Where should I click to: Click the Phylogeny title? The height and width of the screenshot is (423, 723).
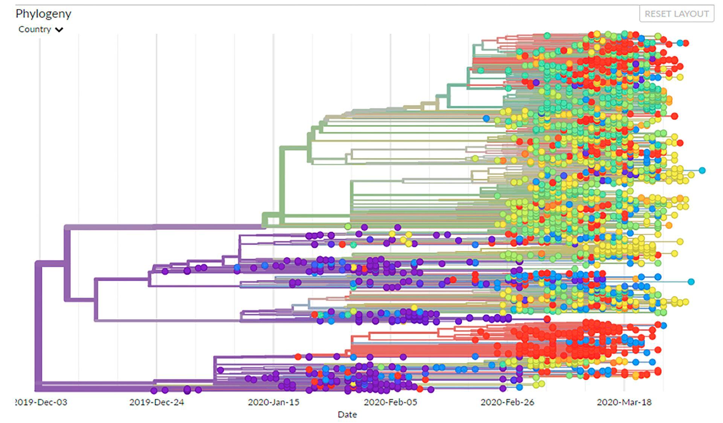[43, 14]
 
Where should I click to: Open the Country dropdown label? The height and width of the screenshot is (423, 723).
[35, 29]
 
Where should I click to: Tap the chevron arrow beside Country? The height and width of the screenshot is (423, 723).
[59, 30]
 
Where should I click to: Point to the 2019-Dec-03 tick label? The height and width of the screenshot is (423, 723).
[42, 402]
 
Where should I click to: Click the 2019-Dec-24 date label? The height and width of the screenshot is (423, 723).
[157, 402]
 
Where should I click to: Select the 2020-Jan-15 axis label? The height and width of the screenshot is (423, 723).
[273, 402]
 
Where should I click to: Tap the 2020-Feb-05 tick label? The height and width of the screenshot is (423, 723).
[390, 402]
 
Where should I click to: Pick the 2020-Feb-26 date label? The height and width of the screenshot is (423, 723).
[507, 402]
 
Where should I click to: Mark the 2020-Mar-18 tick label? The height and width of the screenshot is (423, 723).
[624, 402]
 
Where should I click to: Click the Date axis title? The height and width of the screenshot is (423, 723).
[347, 415]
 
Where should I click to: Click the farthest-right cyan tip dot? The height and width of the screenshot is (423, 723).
[702, 170]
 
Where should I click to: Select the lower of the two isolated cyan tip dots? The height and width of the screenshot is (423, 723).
[691, 282]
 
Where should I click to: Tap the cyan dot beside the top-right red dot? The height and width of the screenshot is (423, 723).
[680, 43]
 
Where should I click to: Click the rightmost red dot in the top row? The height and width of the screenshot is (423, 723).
[686, 43]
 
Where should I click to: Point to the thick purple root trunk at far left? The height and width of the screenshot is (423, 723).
[38, 324]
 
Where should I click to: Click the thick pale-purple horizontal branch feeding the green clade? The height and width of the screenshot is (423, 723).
[162, 227]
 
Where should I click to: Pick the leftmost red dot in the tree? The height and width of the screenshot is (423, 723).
[298, 357]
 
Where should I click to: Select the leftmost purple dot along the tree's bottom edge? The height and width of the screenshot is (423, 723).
[154, 391]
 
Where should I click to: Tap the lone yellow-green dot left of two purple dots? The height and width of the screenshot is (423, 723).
[348, 226]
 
